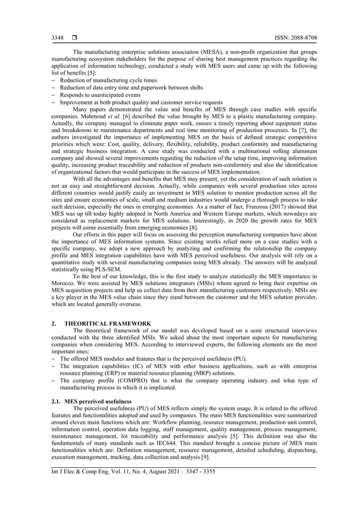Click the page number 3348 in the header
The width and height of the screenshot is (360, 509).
(x=58, y=38)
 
